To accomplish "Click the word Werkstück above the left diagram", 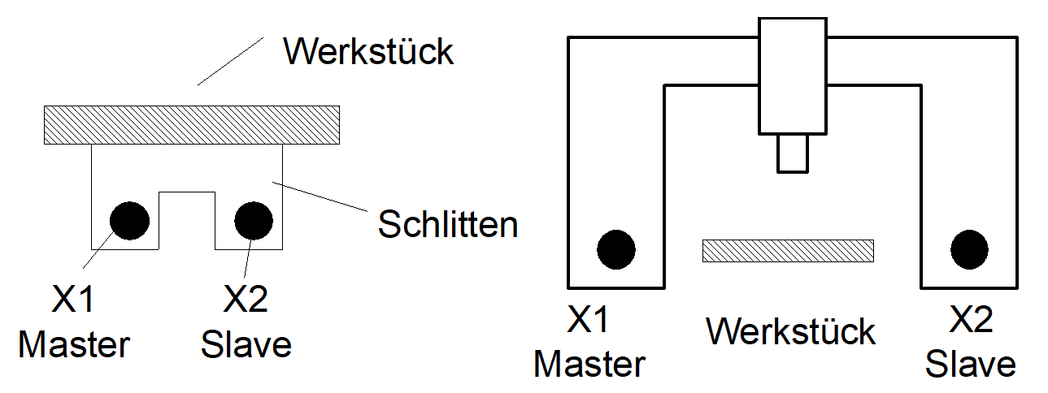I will [367, 52].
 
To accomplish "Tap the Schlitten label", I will [448, 224].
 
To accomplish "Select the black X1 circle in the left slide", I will [129, 220].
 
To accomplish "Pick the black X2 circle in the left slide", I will [253, 220].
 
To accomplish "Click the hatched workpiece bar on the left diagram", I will [191, 125].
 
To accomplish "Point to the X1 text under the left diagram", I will [73, 301].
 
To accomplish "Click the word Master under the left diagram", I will [74, 345].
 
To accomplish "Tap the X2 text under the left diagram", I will [246, 301].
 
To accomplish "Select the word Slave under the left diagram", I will [246, 345].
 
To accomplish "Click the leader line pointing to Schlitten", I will [321, 196].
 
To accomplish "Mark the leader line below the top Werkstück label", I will [231, 60].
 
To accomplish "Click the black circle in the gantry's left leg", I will [616, 249].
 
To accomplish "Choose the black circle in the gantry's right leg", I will [969, 249].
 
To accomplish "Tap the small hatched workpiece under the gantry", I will [788, 250].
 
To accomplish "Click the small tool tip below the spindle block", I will [793, 153].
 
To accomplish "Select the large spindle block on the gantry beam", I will [793, 75].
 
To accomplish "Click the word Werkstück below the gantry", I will [790, 331].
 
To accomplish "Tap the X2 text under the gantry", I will [971, 322].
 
